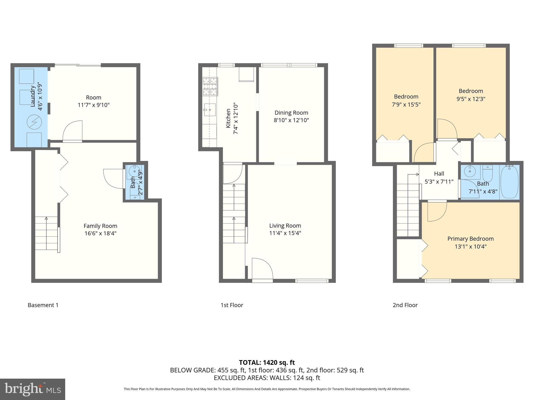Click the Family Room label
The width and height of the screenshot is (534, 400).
(100, 226)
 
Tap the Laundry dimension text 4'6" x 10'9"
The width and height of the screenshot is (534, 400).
(40, 97)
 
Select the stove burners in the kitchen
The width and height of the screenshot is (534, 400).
(210, 86)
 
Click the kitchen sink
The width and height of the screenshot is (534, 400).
(210, 110)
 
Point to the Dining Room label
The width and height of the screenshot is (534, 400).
(291, 113)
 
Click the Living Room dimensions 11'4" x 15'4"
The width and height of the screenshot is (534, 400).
(285, 233)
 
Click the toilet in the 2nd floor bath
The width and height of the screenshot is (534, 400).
(487, 173)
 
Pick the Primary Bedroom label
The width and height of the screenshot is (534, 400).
(470, 239)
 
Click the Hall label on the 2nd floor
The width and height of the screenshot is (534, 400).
(439, 174)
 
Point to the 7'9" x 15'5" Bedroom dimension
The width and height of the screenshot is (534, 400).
(406, 105)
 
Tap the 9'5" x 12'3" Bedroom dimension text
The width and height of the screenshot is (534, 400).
(471, 99)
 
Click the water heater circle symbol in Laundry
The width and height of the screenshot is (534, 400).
(34, 122)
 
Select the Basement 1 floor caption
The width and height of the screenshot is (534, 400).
(43, 305)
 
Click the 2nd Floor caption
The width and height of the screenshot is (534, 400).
(405, 305)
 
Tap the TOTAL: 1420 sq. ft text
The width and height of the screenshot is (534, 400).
(267, 362)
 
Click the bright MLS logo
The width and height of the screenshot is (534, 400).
(32, 389)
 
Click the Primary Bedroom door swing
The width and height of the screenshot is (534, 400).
(436, 211)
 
